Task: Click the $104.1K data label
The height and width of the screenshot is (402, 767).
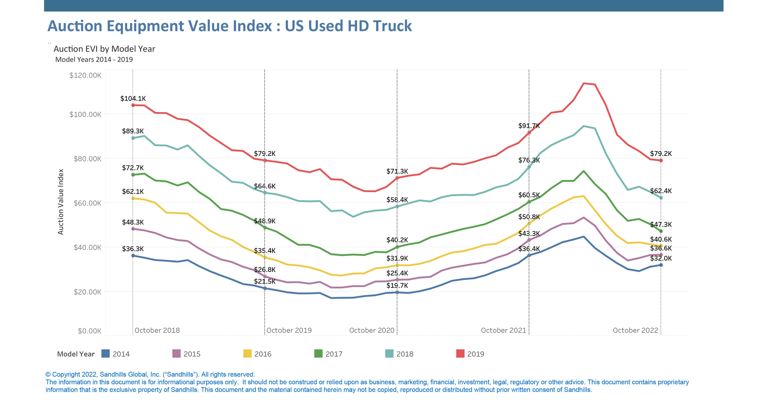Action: [x=133, y=98]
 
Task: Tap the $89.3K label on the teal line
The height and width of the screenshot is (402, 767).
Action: [x=133, y=131]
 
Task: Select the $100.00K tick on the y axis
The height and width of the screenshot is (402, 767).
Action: [x=85, y=115]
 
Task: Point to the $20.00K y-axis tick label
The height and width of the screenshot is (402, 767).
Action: [x=87, y=292]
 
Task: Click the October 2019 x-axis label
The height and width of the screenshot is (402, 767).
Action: [x=289, y=330]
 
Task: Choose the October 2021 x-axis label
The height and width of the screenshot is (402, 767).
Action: [x=503, y=330]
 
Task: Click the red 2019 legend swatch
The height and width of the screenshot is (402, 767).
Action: [x=460, y=354]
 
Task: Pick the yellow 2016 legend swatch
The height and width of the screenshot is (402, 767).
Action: [x=247, y=354]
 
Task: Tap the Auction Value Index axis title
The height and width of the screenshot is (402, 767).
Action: [x=61, y=202]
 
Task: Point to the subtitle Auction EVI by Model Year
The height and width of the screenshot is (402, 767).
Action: [x=104, y=49]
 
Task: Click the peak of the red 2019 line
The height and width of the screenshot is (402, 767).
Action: [x=584, y=83]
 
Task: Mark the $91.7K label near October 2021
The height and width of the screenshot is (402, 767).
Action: [x=529, y=126]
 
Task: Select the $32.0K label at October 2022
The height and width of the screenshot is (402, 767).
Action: [x=661, y=258]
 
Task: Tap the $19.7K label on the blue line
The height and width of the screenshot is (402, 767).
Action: [x=397, y=285]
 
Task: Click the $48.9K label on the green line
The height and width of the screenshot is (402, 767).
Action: [x=264, y=221]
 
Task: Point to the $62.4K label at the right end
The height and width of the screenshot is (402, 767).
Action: [x=661, y=191]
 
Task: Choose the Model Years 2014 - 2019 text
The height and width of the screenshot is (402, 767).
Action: [x=94, y=60]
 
